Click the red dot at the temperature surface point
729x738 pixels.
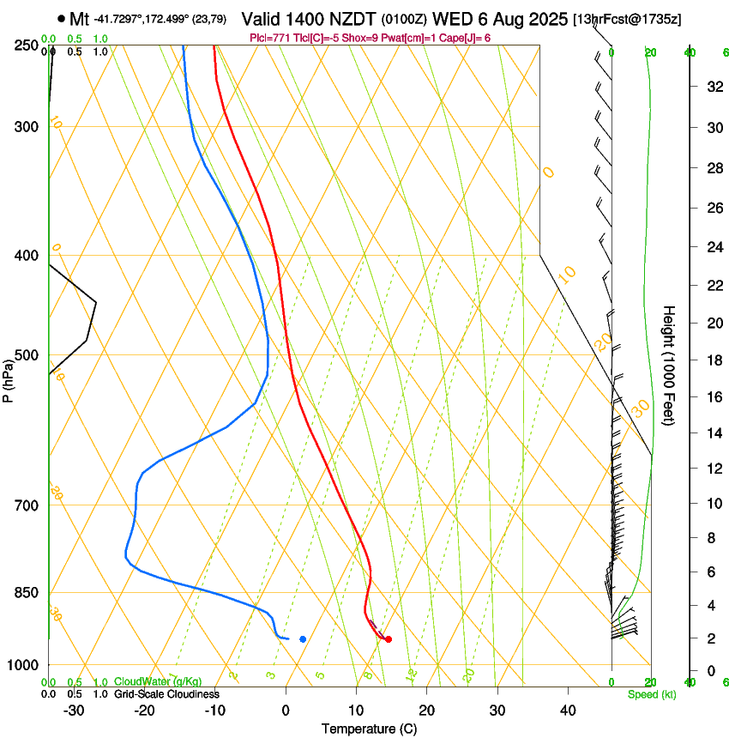coord(389,639)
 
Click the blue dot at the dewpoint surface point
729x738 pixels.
coord(303,638)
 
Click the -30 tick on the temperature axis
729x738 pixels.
coord(74,710)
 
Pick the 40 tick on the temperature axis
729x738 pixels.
coord(567,710)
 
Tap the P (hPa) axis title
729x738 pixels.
coord(9,378)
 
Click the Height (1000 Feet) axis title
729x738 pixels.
coord(669,366)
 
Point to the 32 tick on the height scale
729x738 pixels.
coord(713,87)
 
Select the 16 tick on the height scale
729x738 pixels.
coord(713,396)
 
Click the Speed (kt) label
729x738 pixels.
coord(651,694)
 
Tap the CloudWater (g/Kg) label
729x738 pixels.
coord(158,681)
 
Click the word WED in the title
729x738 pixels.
coord(451,19)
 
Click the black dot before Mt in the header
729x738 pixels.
coord(61,19)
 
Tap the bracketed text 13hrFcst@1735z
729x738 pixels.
coord(627,19)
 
